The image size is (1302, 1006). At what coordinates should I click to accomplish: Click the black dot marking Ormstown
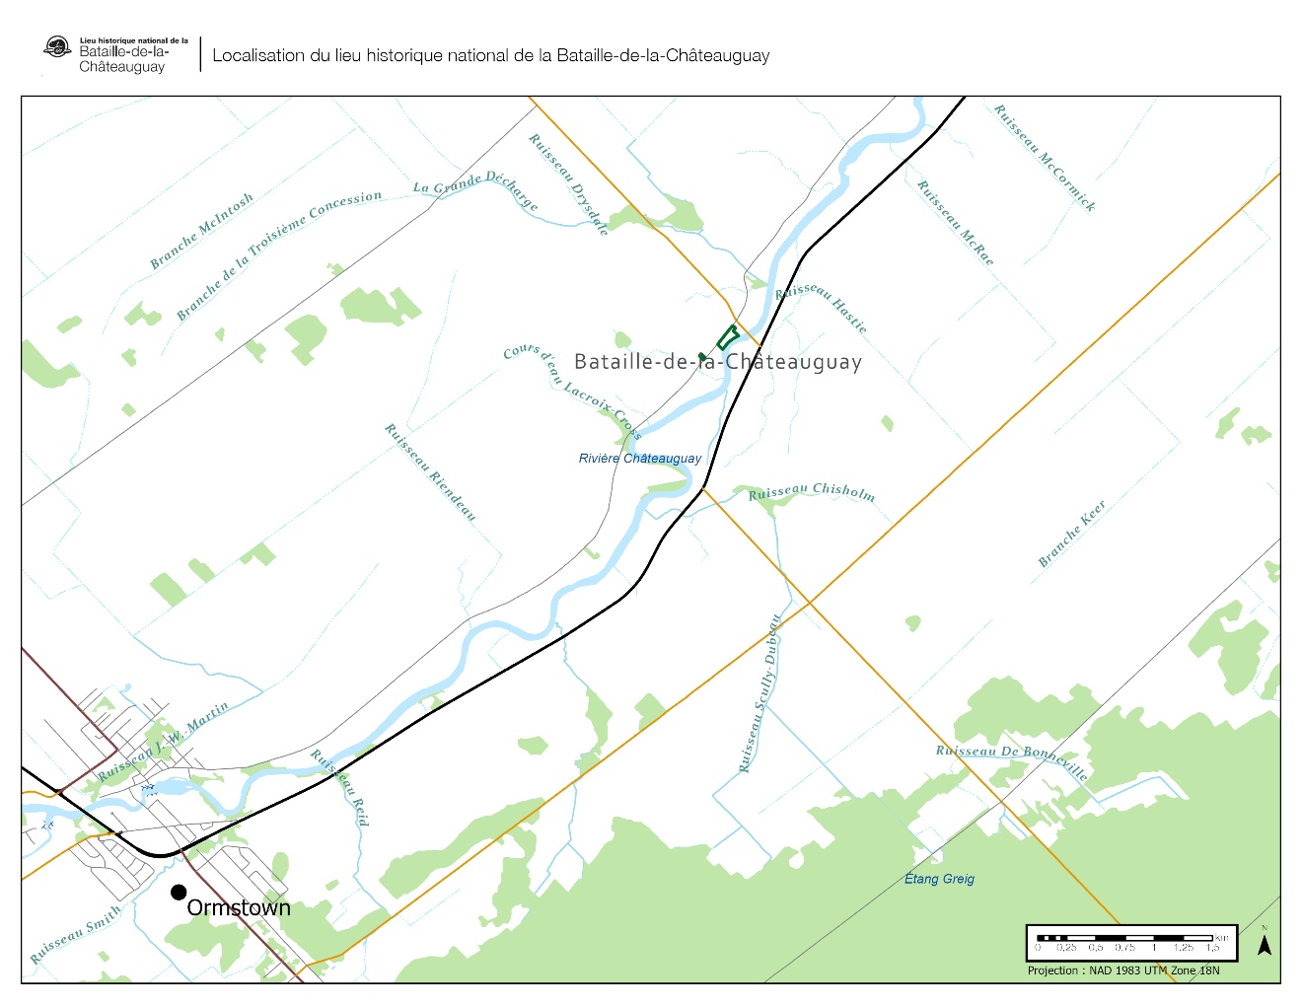tap(179, 893)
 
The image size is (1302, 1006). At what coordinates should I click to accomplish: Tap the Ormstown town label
tap(239, 908)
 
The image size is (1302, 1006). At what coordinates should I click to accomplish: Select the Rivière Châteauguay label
tap(640, 459)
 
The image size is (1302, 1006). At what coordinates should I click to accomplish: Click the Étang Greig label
tap(939, 879)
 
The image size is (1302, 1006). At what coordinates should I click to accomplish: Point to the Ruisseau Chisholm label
tap(811, 492)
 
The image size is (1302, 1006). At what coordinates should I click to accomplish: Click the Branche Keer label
tap(1072, 535)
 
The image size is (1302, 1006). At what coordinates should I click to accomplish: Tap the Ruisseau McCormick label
tap(1045, 158)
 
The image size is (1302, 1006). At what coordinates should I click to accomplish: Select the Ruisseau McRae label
tap(956, 223)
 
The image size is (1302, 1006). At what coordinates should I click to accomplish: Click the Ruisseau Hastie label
tap(822, 307)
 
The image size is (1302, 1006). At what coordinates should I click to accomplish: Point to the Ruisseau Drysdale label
tap(569, 184)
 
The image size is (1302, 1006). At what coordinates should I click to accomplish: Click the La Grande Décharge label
tap(475, 190)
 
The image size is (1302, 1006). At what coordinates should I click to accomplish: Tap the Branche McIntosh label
tap(202, 231)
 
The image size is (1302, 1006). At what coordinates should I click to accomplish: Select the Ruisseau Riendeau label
tap(430, 472)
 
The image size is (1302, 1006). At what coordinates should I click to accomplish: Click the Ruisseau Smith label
tap(75, 934)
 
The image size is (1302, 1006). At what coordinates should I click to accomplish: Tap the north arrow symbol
tap(1264, 944)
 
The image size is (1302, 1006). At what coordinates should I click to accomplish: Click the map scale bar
tap(1123, 938)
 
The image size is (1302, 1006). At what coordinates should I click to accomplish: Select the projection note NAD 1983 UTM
tap(1123, 970)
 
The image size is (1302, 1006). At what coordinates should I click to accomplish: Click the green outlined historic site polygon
tap(728, 337)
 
